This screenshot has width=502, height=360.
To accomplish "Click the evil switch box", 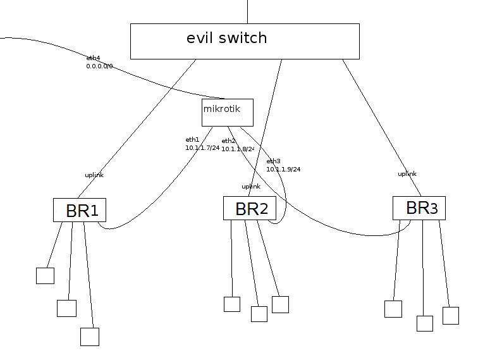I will point(244,41).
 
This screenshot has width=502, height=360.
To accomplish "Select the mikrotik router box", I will point(227,112).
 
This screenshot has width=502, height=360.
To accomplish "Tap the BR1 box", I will point(79,210).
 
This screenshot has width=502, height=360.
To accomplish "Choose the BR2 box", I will point(250,208).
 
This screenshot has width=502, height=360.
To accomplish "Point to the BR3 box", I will point(419,208).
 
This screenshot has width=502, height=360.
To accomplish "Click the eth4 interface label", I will point(93,58).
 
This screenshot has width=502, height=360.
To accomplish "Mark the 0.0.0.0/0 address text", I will point(99,66).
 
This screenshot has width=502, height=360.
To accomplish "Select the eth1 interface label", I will point(192,139).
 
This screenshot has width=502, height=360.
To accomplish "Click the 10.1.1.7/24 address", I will point(201,147).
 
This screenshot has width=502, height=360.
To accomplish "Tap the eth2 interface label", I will point(228,140).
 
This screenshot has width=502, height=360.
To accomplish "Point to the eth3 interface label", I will point(272,161).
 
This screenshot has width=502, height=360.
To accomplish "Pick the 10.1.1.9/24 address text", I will point(283,169).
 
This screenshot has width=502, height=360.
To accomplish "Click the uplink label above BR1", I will point(94,175).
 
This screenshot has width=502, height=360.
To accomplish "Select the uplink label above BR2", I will point(250,187).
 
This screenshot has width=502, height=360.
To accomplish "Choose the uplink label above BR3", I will point(407,174).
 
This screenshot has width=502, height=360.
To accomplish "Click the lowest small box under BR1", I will point(90,337).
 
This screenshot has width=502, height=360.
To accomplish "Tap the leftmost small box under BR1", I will point(45,276).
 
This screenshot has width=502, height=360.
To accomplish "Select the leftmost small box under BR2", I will point(232,304).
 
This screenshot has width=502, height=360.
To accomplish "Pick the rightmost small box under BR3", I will point(450,316).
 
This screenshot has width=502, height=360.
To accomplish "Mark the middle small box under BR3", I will point(424,323).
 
